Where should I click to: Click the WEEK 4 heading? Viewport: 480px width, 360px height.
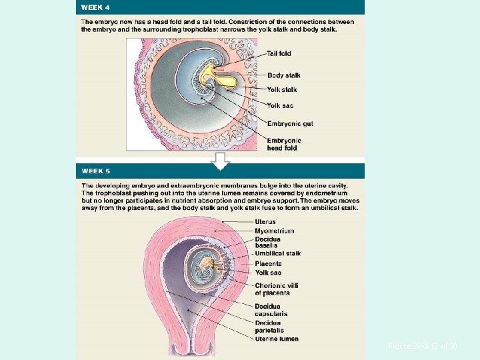(x=95, y=7)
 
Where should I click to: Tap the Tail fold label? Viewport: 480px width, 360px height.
(x=279, y=53)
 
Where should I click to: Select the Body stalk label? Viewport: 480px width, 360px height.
(x=284, y=75)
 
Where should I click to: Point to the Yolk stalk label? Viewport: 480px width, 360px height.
(x=282, y=89)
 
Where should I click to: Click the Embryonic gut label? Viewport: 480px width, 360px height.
(x=290, y=123)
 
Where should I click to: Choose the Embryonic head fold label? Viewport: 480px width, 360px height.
(x=285, y=144)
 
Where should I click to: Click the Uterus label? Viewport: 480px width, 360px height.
(x=265, y=222)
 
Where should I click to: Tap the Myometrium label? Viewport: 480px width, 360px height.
(x=274, y=231)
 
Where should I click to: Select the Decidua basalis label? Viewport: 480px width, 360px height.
(x=268, y=242)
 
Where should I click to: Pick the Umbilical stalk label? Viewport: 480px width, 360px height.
(x=278, y=253)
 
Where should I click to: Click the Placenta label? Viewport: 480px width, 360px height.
(x=268, y=263)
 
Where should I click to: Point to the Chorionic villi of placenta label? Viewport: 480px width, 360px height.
(x=277, y=289)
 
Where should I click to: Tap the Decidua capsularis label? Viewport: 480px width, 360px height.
(x=270, y=310)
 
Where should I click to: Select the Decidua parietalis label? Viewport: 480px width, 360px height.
(x=269, y=327)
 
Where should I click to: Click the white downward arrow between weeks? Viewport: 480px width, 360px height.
(x=220, y=161)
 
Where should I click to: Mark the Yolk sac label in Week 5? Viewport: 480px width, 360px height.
(x=268, y=273)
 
